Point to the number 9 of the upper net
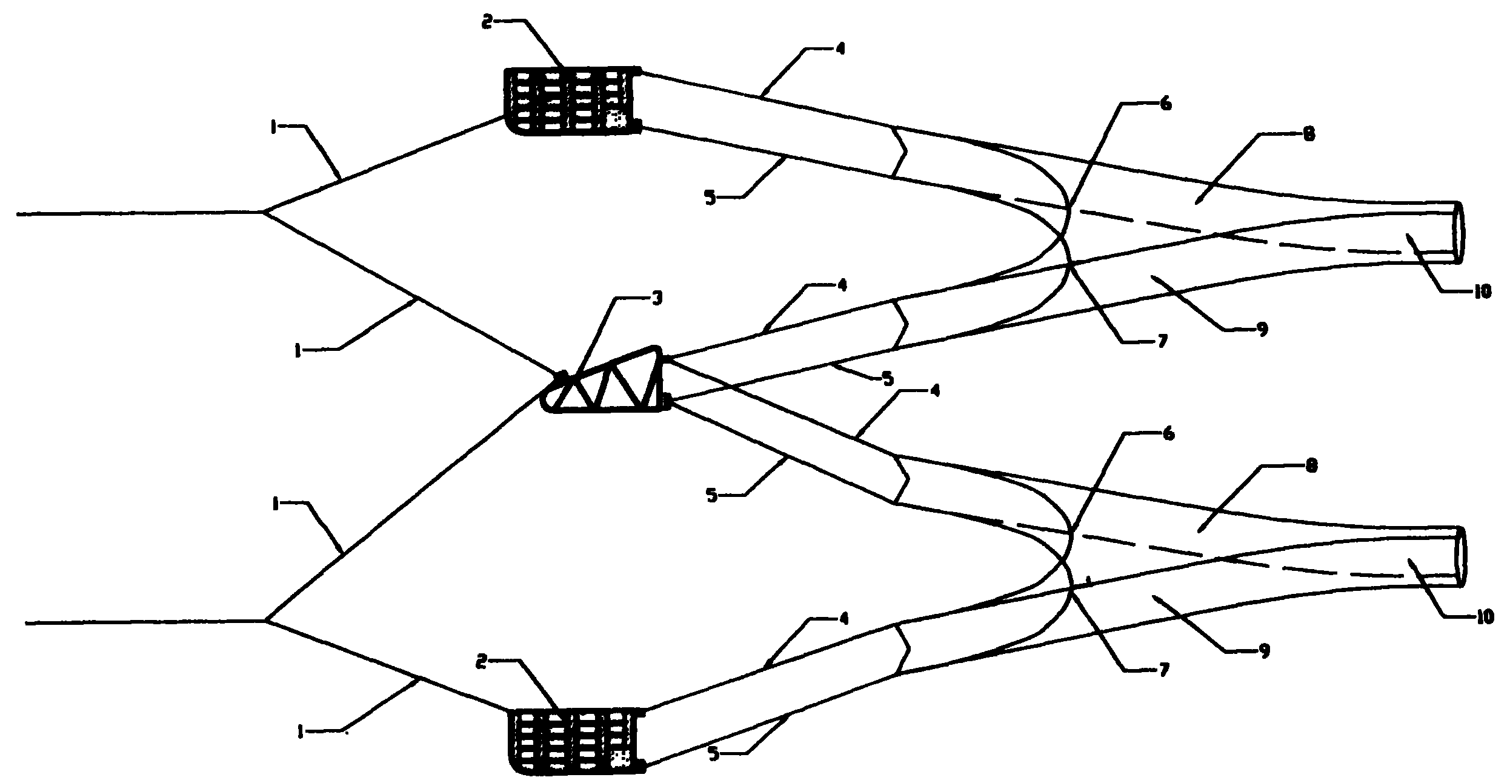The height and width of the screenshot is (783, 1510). click(1263, 330)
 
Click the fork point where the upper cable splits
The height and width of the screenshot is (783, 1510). click(264, 212)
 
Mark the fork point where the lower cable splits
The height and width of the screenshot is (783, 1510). click(266, 621)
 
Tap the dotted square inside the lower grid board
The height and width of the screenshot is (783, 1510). click(620, 758)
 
